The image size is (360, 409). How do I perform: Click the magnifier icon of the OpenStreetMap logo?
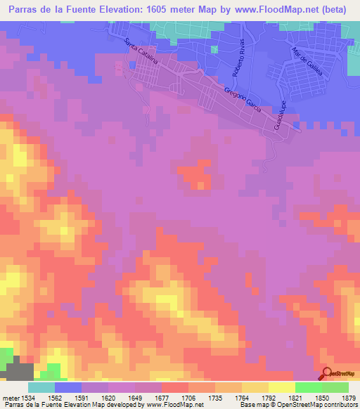(325, 373)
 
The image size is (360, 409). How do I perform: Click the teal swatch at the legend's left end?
(41, 387)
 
